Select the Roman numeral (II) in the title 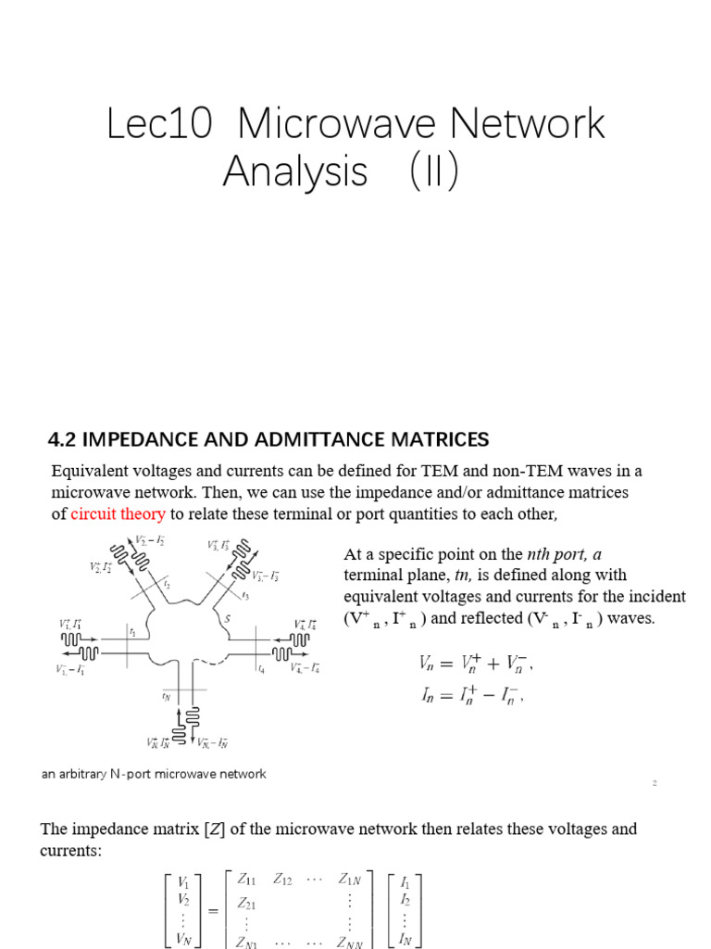[x=427, y=172]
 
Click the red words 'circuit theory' [x=118, y=514]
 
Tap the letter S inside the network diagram [x=227, y=619]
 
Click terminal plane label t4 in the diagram [x=262, y=667]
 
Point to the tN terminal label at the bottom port [x=167, y=694]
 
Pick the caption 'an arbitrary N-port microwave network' [x=154, y=774]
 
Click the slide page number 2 [x=654, y=783]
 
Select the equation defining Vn [x=476, y=664]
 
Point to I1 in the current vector [x=405, y=882]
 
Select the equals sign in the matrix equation [x=214, y=911]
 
